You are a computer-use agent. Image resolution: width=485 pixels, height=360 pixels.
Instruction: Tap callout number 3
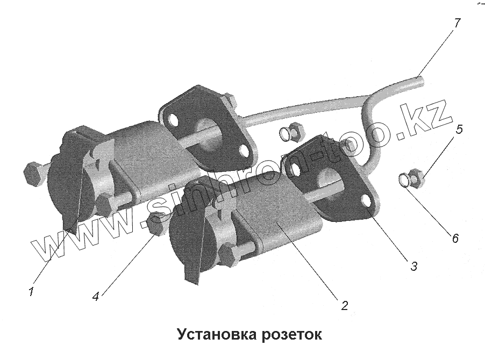point(413,265)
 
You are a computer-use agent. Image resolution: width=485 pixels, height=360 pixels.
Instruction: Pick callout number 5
point(460,130)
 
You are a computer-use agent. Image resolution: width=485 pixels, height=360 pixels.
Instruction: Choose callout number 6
point(455,238)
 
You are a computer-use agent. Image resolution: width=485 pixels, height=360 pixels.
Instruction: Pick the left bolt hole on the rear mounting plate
point(173,118)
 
